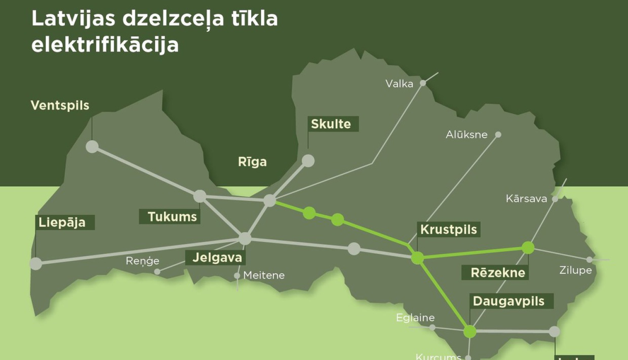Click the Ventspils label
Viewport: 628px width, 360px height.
point(60,105)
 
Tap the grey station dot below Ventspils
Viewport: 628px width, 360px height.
point(92,147)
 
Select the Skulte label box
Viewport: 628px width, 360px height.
point(333,124)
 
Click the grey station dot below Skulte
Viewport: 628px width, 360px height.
point(308,161)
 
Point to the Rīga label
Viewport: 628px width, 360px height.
point(252,162)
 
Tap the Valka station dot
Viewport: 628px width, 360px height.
point(423,83)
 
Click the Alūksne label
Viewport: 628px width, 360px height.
point(466,134)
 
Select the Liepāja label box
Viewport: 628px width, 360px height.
point(64,222)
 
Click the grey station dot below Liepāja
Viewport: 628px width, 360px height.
point(36,263)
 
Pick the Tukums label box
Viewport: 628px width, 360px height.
point(170,216)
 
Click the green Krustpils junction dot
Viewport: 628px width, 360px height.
point(417,258)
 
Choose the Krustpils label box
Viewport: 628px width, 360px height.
point(448,229)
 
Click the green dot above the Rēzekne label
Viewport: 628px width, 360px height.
point(528,248)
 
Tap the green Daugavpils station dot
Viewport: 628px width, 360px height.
point(470,332)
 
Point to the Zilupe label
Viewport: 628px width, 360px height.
point(575,270)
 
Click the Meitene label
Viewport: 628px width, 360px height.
point(264,275)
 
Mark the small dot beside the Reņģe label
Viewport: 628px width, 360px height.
point(157,272)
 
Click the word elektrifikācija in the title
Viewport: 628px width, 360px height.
point(105,45)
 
